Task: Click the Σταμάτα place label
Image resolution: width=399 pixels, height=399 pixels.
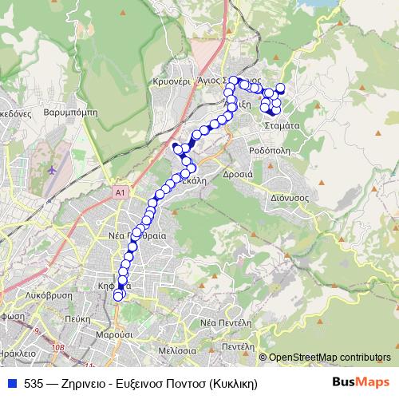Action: (x=282, y=126)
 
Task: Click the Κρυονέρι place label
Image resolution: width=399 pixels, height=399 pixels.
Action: (x=170, y=81)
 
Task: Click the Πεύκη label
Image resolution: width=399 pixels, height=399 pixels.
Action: (x=77, y=318)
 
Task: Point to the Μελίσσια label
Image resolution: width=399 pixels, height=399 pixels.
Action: (x=177, y=350)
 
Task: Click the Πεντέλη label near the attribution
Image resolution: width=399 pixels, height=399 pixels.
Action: (x=238, y=348)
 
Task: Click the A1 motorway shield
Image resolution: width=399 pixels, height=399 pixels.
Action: (x=120, y=192)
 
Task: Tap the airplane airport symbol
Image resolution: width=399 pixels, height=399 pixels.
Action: (x=53, y=170)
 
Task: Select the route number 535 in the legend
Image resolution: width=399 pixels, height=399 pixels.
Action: (x=34, y=383)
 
